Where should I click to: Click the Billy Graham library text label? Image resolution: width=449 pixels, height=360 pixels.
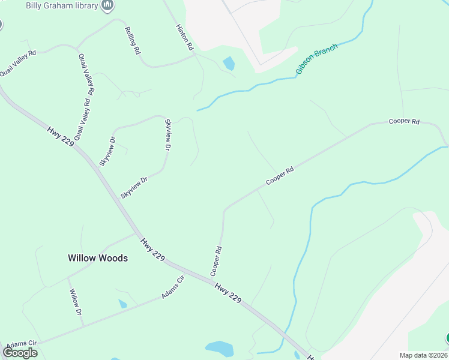(x=62, y=5)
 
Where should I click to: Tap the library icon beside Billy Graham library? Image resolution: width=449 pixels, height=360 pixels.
(x=108, y=6)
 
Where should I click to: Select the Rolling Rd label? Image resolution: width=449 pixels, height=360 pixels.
(x=132, y=40)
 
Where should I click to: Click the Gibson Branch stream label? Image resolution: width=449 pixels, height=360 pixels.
(x=316, y=59)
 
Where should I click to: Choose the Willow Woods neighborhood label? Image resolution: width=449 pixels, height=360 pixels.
(x=97, y=258)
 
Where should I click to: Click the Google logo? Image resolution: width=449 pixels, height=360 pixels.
(x=20, y=353)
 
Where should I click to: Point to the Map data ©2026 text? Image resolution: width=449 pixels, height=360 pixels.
(x=423, y=355)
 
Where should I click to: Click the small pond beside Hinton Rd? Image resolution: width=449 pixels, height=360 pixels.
(x=229, y=63)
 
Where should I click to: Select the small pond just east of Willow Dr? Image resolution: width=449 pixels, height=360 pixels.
(x=122, y=304)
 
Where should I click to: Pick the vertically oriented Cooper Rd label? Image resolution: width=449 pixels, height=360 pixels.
(x=216, y=261)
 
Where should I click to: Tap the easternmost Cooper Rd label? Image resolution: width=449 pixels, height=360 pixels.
(x=403, y=121)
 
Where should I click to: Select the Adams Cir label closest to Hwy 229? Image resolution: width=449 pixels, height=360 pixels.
(x=172, y=289)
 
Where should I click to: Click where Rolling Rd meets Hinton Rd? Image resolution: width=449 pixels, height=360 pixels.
(x=194, y=55)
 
